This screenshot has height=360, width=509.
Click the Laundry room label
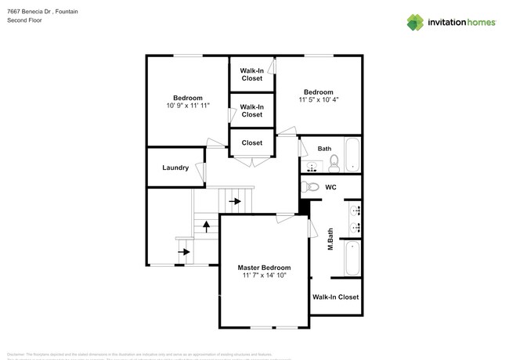pyautogui.click(x=175, y=168)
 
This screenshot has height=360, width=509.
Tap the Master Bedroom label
pyautogui.click(x=264, y=268)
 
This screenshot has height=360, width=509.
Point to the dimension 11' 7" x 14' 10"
pyautogui.click(x=264, y=275)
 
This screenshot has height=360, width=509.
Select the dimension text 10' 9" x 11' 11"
pyautogui.click(x=188, y=105)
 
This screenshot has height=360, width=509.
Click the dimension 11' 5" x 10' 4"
pyautogui.click(x=318, y=99)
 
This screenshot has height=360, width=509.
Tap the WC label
pyautogui.click(x=330, y=187)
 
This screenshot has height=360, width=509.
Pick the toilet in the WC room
pyautogui.click(x=311, y=187)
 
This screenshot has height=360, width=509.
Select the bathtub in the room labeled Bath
pyautogui.click(x=352, y=155)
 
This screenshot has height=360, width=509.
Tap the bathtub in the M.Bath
pyautogui.click(x=352, y=257)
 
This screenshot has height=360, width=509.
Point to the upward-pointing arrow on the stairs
pyautogui.click(x=206, y=226)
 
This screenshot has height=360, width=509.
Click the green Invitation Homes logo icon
pyautogui.click(x=415, y=22)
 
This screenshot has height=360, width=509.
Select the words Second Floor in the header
pyautogui.click(x=24, y=20)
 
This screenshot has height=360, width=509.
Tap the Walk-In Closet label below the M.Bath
pyautogui.click(x=335, y=297)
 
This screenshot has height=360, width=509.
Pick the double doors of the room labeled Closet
pyautogui.click(x=251, y=160)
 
